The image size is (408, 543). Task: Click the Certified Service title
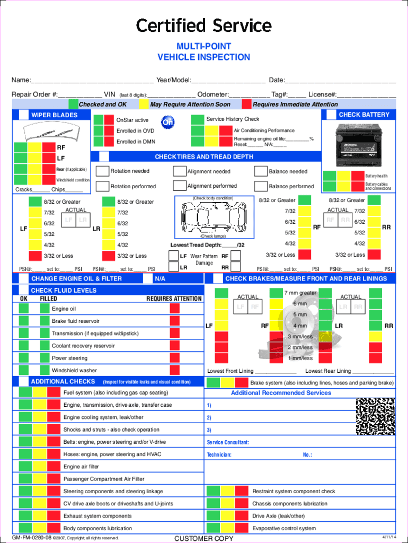(204, 25)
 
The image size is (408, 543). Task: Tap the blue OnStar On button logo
(167, 122)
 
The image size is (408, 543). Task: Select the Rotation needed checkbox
(102, 171)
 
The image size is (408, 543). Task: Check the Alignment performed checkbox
(179, 186)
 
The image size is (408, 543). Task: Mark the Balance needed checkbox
(261, 171)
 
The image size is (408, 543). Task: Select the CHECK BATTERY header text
(363, 115)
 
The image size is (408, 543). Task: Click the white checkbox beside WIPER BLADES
(24, 115)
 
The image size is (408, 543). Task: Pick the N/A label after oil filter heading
(159, 278)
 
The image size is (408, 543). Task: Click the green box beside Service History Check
(197, 119)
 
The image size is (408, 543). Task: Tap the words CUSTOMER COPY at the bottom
(203, 539)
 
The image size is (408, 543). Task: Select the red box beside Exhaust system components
(54, 516)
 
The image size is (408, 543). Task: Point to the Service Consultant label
(228, 442)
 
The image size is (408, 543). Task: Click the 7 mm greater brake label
(300, 293)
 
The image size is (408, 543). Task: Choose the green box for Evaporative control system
(214, 528)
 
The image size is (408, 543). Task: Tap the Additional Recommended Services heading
(281, 393)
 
